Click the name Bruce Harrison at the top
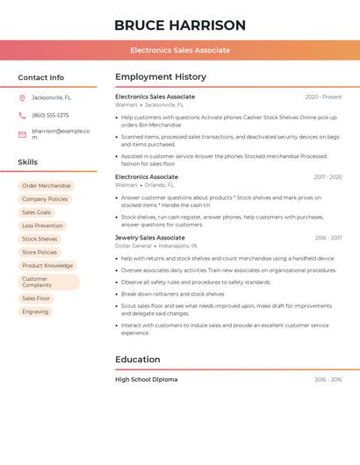[180, 25]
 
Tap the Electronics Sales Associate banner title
[180, 50]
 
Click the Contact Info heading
[41, 77]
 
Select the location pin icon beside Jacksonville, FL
[22, 98]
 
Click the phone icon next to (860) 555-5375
[22, 116]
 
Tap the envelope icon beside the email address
[22, 134]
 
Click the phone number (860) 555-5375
[50, 116]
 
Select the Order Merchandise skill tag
[47, 186]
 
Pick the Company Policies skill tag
[45, 199]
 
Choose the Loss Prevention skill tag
[42, 225]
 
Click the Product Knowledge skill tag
[47, 266]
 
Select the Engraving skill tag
[35, 311]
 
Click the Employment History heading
[161, 77]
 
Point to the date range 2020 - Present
[323, 97]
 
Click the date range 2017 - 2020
[328, 177]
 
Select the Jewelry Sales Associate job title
[150, 238]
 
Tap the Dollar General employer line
[156, 247]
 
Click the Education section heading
[138, 360]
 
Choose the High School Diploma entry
[147, 380]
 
